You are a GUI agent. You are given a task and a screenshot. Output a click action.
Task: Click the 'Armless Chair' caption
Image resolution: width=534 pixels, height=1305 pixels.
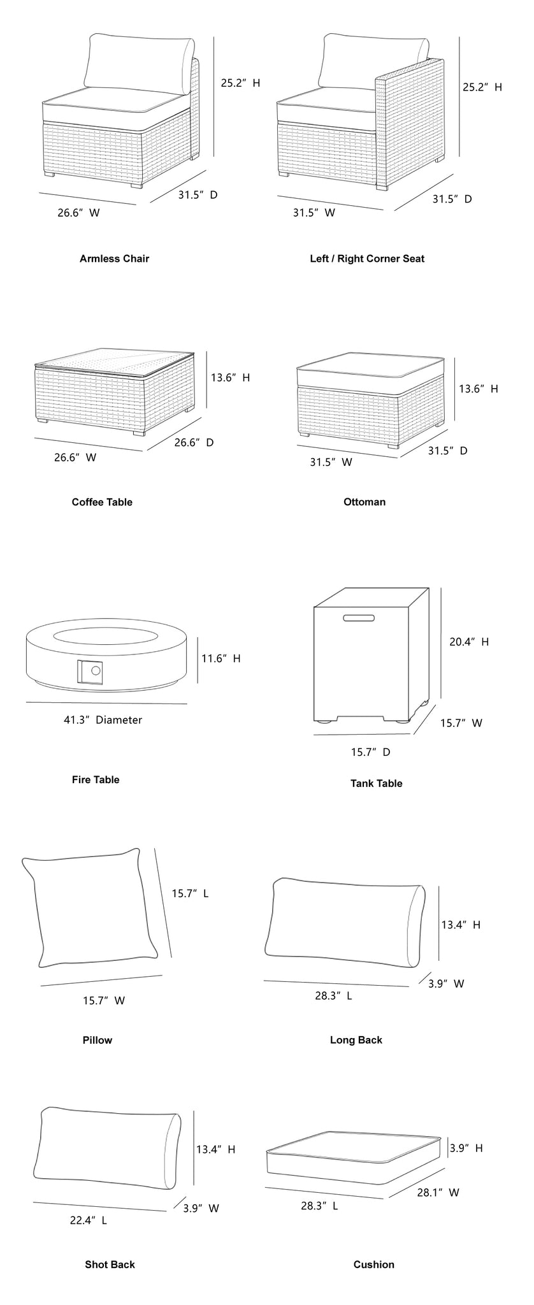(x=114, y=259)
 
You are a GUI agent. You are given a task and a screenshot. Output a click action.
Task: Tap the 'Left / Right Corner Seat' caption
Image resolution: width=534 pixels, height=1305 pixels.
(x=367, y=259)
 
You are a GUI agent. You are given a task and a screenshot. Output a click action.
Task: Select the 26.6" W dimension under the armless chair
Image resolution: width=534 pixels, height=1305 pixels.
(x=78, y=213)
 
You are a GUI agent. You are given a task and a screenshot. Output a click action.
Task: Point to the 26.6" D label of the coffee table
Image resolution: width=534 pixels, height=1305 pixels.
(x=194, y=442)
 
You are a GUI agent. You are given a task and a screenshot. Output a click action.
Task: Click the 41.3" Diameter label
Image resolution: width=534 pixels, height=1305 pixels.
(x=103, y=720)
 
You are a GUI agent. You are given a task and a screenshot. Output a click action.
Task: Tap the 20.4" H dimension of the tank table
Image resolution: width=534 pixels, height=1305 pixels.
(x=468, y=642)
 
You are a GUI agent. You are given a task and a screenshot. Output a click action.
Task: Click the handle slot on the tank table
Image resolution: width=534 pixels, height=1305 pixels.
(x=359, y=617)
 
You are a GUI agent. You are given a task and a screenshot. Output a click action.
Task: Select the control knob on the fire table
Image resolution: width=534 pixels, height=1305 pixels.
(x=96, y=670)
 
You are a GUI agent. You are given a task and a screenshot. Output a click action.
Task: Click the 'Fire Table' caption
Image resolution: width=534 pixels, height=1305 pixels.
(x=96, y=779)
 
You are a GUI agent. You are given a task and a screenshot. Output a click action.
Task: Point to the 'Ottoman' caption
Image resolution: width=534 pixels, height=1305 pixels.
(x=364, y=501)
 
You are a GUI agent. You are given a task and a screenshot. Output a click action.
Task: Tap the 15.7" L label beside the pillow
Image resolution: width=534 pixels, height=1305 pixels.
(x=190, y=893)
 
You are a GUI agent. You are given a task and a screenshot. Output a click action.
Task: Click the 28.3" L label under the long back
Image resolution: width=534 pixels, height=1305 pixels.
(x=333, y=995)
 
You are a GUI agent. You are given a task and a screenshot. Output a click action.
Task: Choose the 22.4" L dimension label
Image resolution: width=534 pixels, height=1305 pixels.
(x=88, y=1220)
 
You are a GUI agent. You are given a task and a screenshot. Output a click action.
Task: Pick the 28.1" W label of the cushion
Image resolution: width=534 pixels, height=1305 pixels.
(x=438, y=1192)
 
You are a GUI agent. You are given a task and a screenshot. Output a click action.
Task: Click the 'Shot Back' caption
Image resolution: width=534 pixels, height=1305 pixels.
(x=110, y=1264)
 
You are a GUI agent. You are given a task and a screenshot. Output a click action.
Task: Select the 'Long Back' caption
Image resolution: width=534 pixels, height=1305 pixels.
(x=356, y=1040)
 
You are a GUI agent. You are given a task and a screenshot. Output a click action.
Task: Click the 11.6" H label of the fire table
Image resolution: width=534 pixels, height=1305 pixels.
(x=221, y=658)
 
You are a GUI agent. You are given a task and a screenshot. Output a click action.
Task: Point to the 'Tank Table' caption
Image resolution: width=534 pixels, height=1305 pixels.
(x=376, y=783)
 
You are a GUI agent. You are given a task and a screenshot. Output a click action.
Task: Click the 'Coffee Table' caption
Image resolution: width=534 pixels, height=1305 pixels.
(x=102, y=501)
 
